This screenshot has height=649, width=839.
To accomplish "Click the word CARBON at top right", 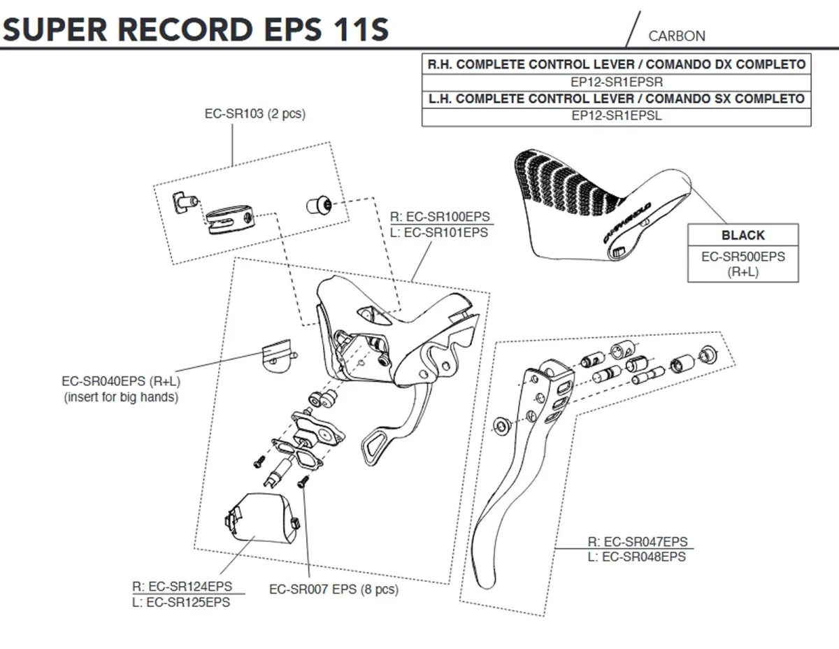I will [x=676, y=36].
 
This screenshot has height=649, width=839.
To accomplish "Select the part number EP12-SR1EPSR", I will [x=616, y=81].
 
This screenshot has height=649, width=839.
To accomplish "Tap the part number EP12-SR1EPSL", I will [x=616, y=116].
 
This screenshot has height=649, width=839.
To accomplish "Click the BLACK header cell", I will [x=743, y=236].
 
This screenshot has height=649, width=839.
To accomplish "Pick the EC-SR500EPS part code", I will [x=743, y=257].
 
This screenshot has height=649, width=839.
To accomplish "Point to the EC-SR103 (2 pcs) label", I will [x=254, y=114].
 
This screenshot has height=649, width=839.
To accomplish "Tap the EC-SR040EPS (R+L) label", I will [x=120, y=382].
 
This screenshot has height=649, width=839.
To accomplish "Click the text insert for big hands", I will [x=120, y=397].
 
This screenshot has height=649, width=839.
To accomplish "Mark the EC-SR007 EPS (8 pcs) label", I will [x=334, y=590].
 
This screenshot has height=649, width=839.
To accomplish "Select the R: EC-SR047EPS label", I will [x=637, y=542].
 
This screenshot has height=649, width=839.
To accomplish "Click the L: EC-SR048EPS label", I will [x=637, y=557].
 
